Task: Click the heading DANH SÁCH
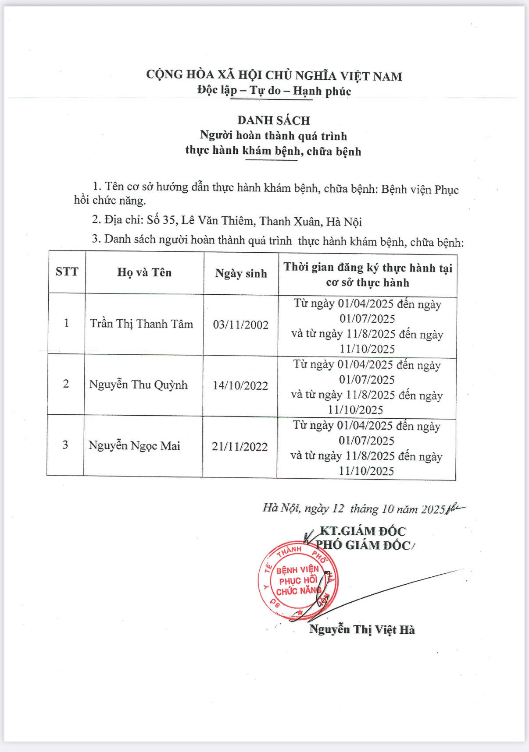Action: tap(274, 120)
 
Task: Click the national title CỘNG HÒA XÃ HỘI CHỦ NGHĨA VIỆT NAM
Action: tap(274, 75)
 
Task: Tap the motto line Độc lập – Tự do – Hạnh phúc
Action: tap(274, 91)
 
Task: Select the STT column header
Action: tap(67, 272)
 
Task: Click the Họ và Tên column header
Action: tap(144, 272)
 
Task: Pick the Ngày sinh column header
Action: tap(241, 274)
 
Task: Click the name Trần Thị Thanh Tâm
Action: tap(141, 324)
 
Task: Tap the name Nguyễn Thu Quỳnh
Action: tap(138, 385)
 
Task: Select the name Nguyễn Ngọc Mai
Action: tap(134, 446)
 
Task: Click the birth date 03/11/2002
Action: tap(240, 325)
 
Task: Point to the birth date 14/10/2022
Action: tap(240, 386)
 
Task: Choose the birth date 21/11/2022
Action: tap(239, 447)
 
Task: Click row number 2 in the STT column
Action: tap(66, 384)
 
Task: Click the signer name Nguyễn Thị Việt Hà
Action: tap(362, 630)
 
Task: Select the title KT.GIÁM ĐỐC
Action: tap(363, 531)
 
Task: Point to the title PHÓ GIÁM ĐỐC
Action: tap(363, 545)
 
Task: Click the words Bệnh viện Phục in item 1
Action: tap(420, 190)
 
